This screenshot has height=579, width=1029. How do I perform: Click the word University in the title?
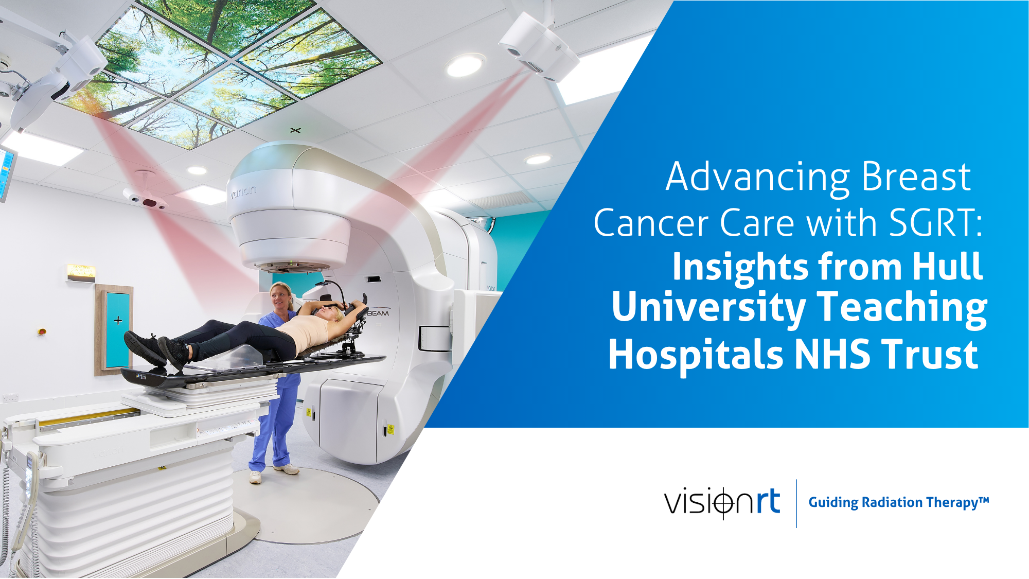708,307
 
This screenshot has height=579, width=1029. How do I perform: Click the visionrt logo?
722,502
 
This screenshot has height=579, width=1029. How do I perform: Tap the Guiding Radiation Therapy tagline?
898,502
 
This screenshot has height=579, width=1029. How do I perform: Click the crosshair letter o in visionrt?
723,503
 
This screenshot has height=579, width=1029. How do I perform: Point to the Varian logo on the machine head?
243,192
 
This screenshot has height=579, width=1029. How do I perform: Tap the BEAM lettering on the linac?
378,313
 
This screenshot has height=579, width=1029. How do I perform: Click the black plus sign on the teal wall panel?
118,321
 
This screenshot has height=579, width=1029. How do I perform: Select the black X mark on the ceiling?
295,130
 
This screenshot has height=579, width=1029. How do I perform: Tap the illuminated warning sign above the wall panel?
81,272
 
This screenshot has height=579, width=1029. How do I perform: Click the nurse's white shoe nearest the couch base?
255,477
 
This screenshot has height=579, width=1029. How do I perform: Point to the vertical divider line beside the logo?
796,503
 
